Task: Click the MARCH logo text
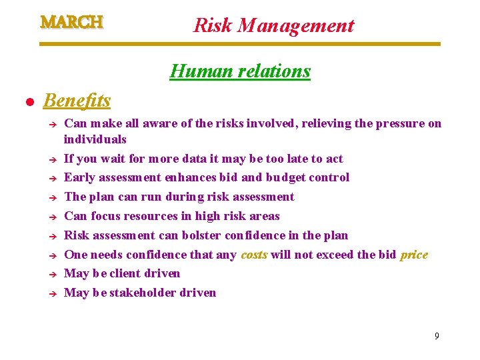[71, 22]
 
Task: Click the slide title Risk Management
[273, 25]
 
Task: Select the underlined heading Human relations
[240, 71]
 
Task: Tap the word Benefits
[77, 101]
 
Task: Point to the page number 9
[437, 336]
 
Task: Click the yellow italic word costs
[254, 255]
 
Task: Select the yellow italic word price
[413, 255]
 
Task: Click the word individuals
[95, 139]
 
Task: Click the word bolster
[201, 235]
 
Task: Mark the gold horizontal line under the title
[240, 44]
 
